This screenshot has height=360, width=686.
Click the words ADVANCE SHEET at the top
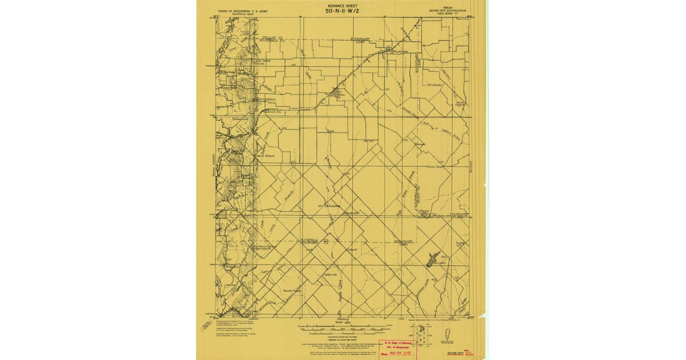click(342, 5)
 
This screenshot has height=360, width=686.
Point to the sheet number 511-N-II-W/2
click(342, 11)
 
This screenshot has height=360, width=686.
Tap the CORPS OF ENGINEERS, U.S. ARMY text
click(238, 10)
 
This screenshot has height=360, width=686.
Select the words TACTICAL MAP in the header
click(238, 14)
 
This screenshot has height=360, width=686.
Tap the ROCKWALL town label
click(266, 99)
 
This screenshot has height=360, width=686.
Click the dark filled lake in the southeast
click(432, 258)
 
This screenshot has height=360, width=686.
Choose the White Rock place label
click(436, 167)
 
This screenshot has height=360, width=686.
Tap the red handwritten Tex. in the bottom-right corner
click(469, 354)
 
